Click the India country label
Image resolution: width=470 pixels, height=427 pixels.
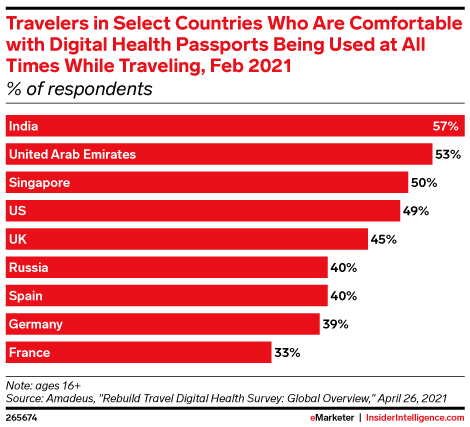pyautogui.click(x=24, y=126)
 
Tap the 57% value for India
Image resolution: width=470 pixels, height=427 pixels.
pyautogui.click(x=446, y=126)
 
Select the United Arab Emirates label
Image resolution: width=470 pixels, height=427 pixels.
pyautogui.click(x=71, y=154)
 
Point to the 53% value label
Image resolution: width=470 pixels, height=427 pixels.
pyautogui.click(x=446, y=154)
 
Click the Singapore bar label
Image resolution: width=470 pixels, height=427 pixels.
pyautogui.click(x=40, y=183)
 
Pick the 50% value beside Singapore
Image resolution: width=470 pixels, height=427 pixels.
pyautogui.click(x=424, y=183)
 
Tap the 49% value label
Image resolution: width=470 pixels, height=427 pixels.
pyautogui.click(x=416, y=211)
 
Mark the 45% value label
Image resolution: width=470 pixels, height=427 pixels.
pyautogui.click(x=384, y=239)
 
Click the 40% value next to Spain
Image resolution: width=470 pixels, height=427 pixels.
pyautogui.click(x=345, y=296)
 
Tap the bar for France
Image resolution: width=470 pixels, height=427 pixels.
pyautogui.click(x=139, y=352)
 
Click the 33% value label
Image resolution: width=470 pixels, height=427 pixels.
pyautogui.click(x=288, y=352)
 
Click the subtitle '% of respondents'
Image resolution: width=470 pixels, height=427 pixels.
pyautogui.click(x=80, y=89)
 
